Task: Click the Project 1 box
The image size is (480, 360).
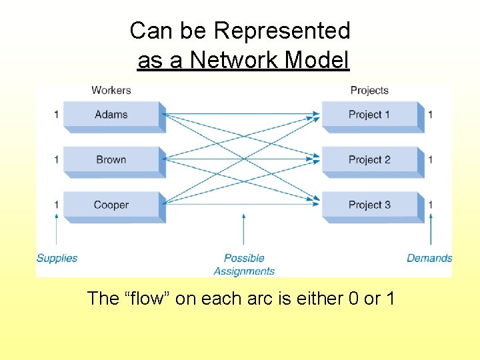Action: pos(371,115)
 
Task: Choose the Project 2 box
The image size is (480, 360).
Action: pos(371,160)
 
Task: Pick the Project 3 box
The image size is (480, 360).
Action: pos(371,205)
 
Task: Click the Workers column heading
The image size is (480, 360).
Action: pos(111,90)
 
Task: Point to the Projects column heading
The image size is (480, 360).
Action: pos(369,90)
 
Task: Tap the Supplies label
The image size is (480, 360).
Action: pos(57,258)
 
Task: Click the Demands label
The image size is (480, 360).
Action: pos(429,258)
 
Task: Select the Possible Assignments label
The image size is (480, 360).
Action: pos(244,265)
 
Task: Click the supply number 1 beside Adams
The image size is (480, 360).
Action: pos(57,115)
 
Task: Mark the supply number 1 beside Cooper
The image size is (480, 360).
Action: pos(57,205)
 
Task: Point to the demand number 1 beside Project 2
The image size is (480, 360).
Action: pos(431,160)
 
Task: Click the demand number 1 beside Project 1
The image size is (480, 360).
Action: pos(431,115)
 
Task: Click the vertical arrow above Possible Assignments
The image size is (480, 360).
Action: pos(244,230)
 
